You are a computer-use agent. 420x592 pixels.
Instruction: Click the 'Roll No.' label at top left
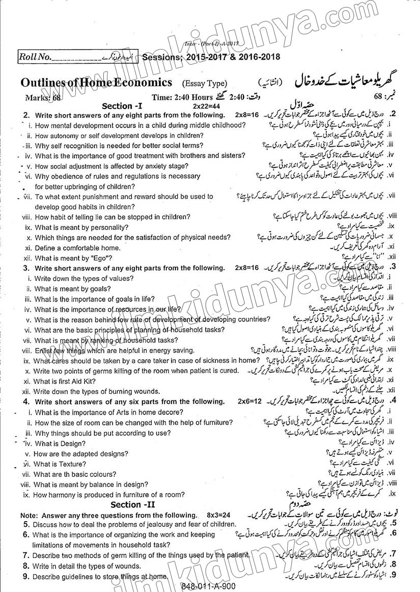pos(35,57)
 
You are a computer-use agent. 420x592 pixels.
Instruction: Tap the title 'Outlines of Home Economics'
pos(97,83)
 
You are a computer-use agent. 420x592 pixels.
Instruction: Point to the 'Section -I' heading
pos(125,106)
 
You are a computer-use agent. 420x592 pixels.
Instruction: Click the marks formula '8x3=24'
pos(220,515)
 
